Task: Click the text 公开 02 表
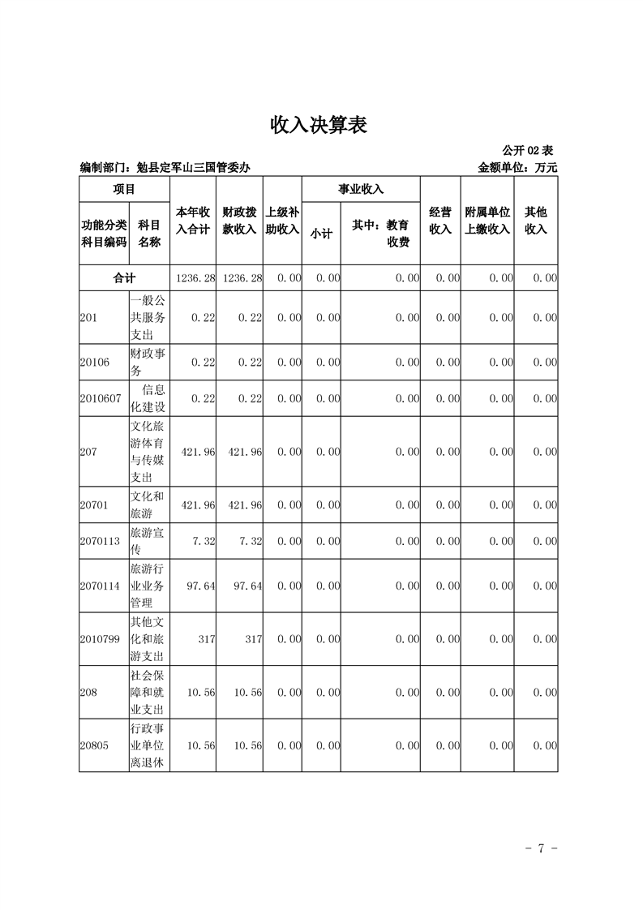pyautogui.click(x=527, y=151)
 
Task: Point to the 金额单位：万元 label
pyautogui.click(x=518, y=168)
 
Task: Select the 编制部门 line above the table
pyautogui.click(x=165, y=168)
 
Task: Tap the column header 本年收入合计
pyautogui.click(x=193, y=221)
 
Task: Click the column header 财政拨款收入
pyautogui.click(x=239, y=221)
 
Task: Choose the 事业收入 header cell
pyautogui.click(x=361, y=190)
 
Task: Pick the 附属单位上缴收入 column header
pyautogui.click(x=487, y=221)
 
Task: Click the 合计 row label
pyautogui.click(x=124, y=277)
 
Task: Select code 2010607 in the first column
pyautogui.click(x=101, y=398)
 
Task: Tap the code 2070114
pyautogui.click(x=101, y=586)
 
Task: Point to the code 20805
pyautogui.click(x=95, y=745)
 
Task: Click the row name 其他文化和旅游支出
pyautogui.click(x=147, y=639)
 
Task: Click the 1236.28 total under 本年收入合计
pyautogui.click(x=195, y=277)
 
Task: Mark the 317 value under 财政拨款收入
pyautogui.click(x=253, y=639)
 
